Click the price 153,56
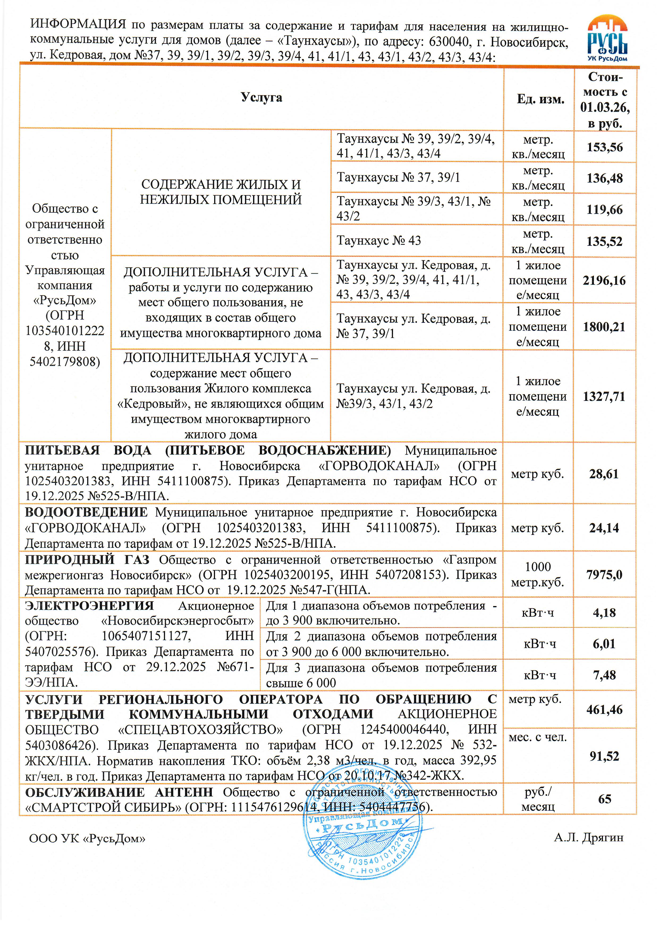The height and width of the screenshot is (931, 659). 604,147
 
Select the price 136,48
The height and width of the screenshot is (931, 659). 604,178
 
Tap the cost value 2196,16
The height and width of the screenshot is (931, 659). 604,280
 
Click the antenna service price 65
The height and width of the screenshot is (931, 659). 604,799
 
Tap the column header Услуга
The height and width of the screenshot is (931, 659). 261,97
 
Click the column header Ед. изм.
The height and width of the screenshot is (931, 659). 540,99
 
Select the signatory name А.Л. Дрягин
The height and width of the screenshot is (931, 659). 588,838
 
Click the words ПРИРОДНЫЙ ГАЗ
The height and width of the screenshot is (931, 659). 87,560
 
